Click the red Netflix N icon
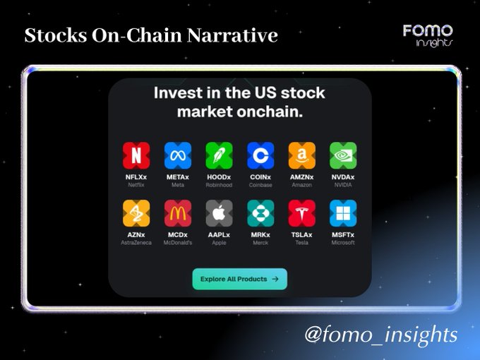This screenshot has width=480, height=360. pyautogui.click(x=136, y=155)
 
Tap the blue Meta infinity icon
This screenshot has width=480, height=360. pyautogui.click(x=178, y=155)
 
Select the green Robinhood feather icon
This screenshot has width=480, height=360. pyautogui.click(x=220, y=155)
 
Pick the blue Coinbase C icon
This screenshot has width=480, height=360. pyautogui.click(x=260, y=155)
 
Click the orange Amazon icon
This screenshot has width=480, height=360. pyautogui.click(x=302, y=155)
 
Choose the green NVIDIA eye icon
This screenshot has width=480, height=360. pyautogui.click(x=343, y=155)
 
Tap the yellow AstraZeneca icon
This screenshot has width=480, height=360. pyautogui.click(x=136, y=213)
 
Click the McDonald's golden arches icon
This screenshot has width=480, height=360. pyautogui.click(x=178, y=213)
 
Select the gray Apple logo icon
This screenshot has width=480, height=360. pyautogui.click(x=220, y=213)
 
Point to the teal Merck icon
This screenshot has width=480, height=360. pyautogui.click(x=260, y=213)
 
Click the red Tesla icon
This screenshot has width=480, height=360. pyautogui.click(x=302, y=213)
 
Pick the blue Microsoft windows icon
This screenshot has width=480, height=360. pyautogui.click(x=343, y=213)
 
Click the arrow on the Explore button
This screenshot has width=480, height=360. pyautogui.click(x=275, y=279)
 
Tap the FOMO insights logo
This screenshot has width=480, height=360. pyautogui.click(x=428, y=36)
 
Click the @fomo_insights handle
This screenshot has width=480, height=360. pyautogui.click(x=381, y=335)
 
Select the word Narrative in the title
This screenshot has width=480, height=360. pyautogui.click(x=232, y=35)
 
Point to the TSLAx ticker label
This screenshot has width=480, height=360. pyautogui.click(x=302, y=235)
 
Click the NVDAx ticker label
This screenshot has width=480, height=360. pyautogui.click(x=343, y=177)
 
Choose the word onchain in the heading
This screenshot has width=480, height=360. pyautogui.click(x=270, y=112)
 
